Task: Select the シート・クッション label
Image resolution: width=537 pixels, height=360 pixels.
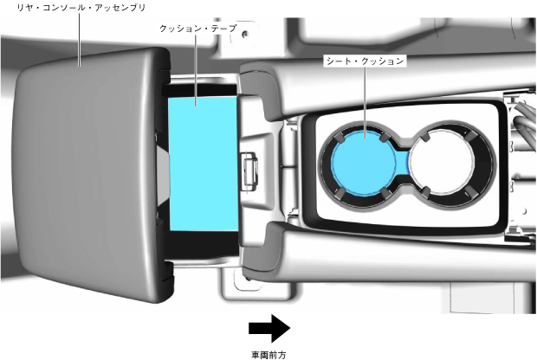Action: pos(365,61)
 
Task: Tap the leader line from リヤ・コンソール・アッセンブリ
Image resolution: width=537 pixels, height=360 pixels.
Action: pos(79,39)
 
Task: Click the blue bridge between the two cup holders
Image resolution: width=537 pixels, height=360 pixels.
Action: pos(403,162)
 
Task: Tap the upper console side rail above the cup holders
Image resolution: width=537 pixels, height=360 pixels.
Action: pos(381,87)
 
